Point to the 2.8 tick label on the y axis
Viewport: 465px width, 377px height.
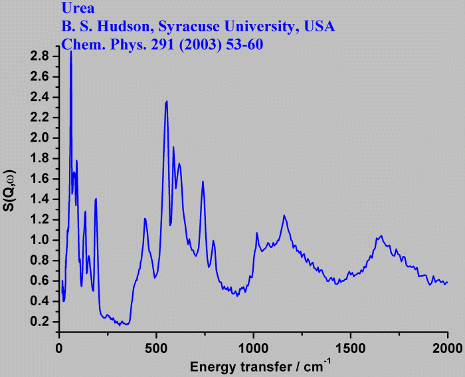[x=39, y=57]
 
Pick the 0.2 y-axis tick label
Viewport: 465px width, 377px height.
[x=39, y=322]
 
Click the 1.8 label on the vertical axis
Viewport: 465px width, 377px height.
[x=39, y=158]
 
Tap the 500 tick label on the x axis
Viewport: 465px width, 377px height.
[x=156, y=348]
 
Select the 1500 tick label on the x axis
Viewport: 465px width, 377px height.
[x=350, y=348]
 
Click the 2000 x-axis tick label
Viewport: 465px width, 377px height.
[x=446, y=348]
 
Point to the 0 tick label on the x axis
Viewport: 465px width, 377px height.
[x=59, y=348]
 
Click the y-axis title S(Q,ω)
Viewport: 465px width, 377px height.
[x=11, y=190]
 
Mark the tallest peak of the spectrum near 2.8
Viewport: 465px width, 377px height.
[x=71, y=51]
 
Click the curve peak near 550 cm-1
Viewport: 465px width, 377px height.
[x=167, y=101]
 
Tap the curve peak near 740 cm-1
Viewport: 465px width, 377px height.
[x=203, y=181]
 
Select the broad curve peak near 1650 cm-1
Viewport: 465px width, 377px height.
[x=381, y=235]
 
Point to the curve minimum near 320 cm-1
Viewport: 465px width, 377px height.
[x=120, y=325]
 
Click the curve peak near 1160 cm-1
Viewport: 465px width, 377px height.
[x=284, y=215]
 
